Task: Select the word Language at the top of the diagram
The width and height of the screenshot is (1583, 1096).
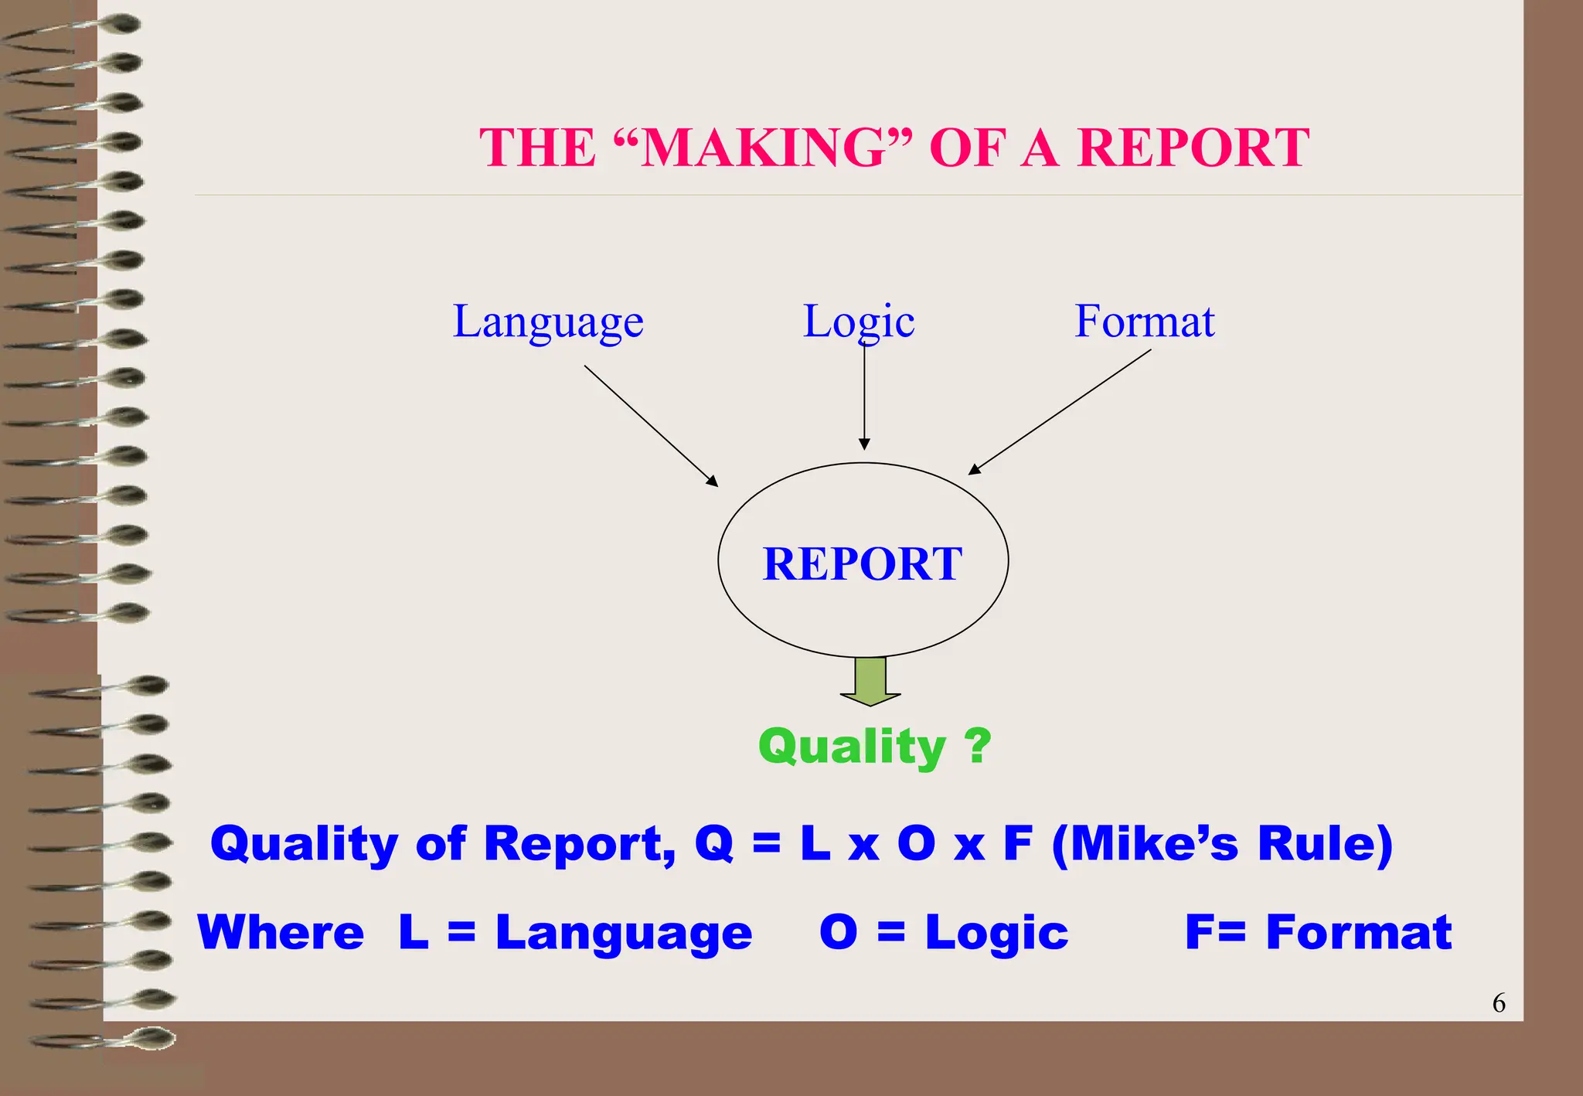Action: [x=547, y=322]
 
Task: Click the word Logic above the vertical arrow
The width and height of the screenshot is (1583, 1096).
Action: [x=858, y=322]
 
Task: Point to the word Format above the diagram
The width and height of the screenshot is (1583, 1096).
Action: [x=1144, y=321]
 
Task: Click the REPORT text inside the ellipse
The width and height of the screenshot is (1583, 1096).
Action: [x=863, y=563]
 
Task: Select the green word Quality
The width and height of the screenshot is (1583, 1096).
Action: [x=852, y=747]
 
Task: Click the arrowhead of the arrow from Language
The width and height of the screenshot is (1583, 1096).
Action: [x=713, y=482]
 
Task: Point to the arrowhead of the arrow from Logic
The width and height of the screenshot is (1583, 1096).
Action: [x=864, y=444]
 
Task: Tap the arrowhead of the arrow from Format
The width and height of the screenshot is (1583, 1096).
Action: [x=974, y=469]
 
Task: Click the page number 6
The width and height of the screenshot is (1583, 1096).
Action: [x=1498, y=1002]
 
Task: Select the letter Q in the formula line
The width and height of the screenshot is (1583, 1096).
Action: [x=713, y=842]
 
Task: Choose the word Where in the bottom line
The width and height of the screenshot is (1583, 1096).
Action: [x=281, y=932]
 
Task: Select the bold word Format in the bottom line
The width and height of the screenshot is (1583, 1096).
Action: [x=1358, y=932]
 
